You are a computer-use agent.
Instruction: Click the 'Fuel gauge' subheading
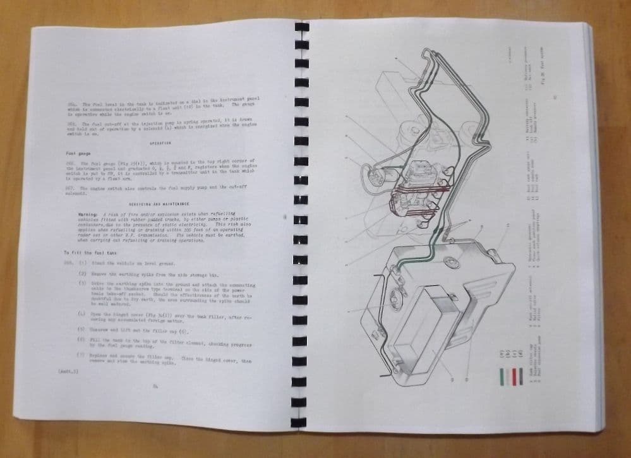tap(77, 153)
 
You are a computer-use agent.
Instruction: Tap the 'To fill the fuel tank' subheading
tap(90, 252)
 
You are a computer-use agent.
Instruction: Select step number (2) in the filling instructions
tap(81, 274)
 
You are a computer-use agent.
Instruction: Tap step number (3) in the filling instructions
tap(81, 283)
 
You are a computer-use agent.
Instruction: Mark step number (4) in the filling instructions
tap(81, 313)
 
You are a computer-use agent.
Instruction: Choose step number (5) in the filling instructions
tap(81, 328)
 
